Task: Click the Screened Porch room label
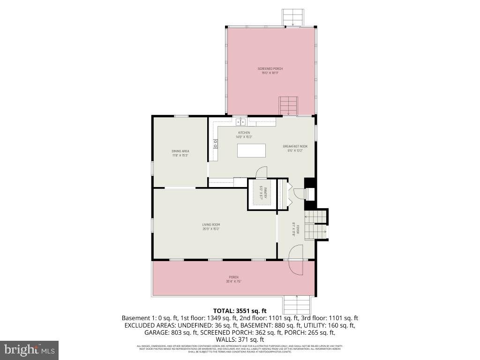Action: point(270,70)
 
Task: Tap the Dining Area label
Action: point(180,153)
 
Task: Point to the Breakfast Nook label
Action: point(295,148)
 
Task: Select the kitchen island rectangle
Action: point(251,151)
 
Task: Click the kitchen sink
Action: point(241,122)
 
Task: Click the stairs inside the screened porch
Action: point(288,105)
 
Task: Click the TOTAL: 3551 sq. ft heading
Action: point(240,310)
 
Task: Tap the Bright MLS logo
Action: point(30,350)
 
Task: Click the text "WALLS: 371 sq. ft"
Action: point(240,339)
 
